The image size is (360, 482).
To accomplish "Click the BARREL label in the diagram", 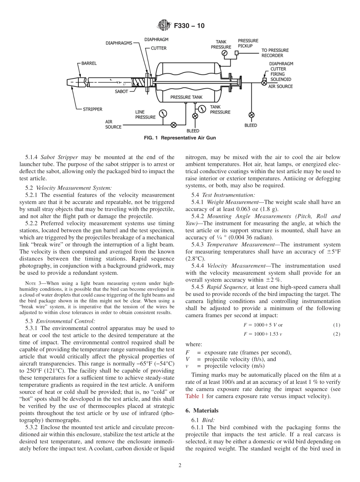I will tap(89, 63).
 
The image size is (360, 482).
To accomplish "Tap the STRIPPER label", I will tap(93, 109).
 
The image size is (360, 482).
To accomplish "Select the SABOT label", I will tap(121, 91).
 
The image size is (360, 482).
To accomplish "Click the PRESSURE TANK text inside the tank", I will tap(186, 97).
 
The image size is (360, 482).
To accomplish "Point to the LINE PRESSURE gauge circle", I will tap(163, 114).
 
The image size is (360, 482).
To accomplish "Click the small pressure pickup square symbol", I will tap(236, 53).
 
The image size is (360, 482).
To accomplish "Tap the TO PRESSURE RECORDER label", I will tap(275, 53).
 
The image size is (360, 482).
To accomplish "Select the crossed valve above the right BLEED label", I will tap(251, 115).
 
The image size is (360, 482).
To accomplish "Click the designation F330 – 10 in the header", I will tap(189, 26).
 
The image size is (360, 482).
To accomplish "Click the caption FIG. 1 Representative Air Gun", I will tap(180, 138).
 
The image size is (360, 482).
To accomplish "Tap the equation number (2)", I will tap(337, 334).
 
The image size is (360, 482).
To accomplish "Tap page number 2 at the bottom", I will tap(180, 466).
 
